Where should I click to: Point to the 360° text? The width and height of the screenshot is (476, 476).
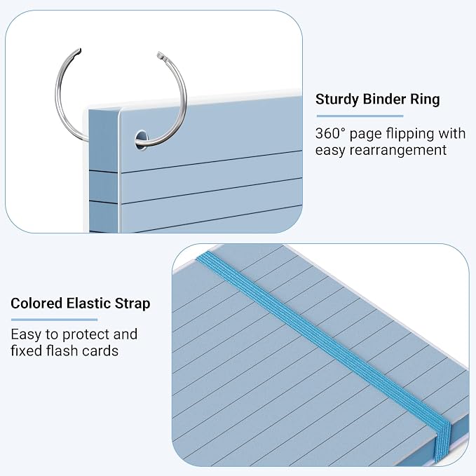pos(330,134)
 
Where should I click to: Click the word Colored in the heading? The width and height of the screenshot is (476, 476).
pos(36,304)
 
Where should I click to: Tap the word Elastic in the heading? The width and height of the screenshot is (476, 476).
pos(88,304)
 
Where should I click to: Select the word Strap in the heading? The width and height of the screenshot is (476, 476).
pos(132,304)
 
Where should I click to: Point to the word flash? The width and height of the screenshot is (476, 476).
pos(62,351)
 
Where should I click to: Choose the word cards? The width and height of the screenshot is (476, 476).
pos(100,351)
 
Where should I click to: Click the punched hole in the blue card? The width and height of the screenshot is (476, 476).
pos(141,140)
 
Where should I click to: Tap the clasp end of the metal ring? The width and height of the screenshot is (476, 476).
pos(161,56)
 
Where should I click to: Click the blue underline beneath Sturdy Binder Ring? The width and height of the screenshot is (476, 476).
pos(360,116)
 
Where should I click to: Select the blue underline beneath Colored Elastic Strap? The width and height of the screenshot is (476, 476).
pos(55,320)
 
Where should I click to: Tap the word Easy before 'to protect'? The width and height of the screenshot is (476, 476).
pos(26,335)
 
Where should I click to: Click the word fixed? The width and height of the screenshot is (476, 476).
pos(27,351)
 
